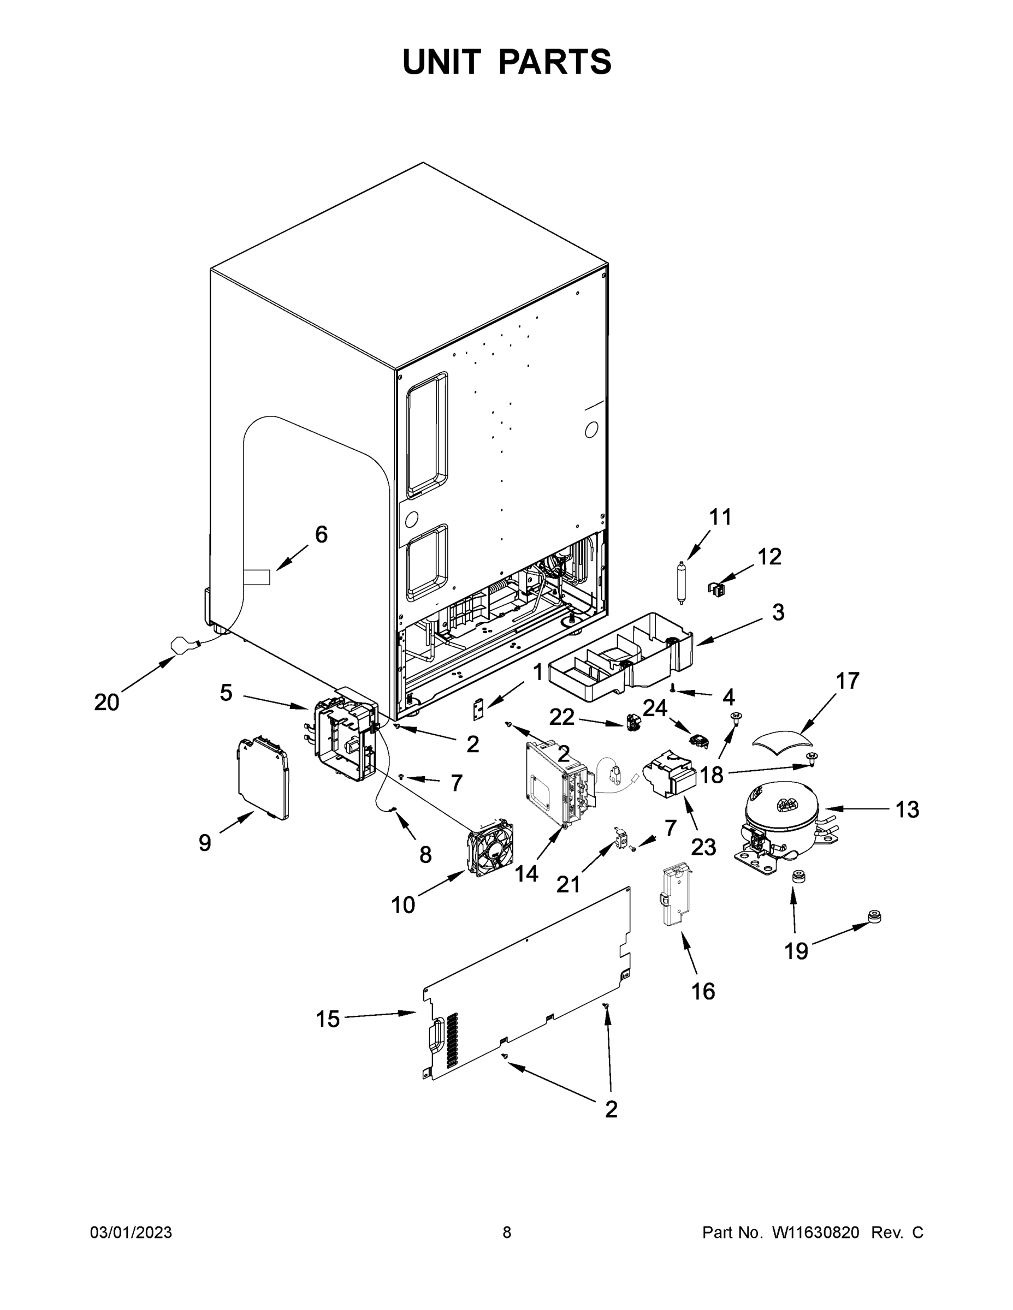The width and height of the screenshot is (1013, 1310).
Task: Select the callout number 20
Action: coord(107,702)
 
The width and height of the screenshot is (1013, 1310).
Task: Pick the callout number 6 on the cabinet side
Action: coord(321,534)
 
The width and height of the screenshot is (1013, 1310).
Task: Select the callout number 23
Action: coord(703,847)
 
